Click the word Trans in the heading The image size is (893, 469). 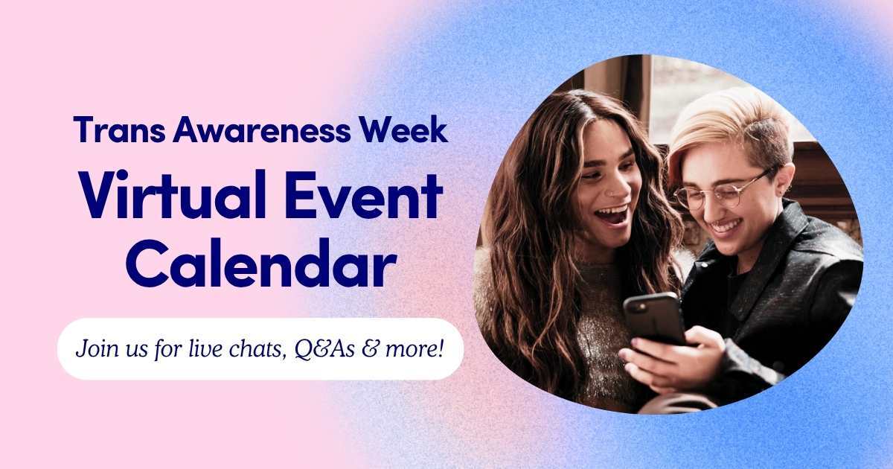click(x=119, y=130)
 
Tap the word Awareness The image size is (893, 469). click(x=261, y=130)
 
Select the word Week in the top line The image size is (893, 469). click(x=403, y=130)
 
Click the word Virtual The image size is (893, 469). click(x=173, y=194)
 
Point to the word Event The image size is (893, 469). click(x=364, y=194)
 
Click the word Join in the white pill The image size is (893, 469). click(x=92, y=348)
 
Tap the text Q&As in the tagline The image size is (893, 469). click(x=324, y=348)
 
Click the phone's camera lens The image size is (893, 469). click(x=641, y=307)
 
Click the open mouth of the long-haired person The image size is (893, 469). click(x=612, y=216)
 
